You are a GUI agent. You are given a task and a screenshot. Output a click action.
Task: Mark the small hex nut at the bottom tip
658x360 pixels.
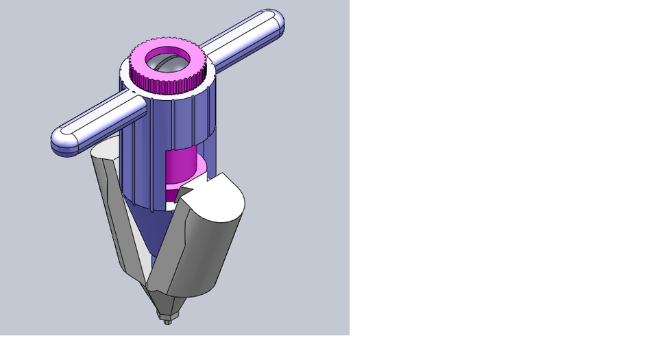(x=167, y=317)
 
